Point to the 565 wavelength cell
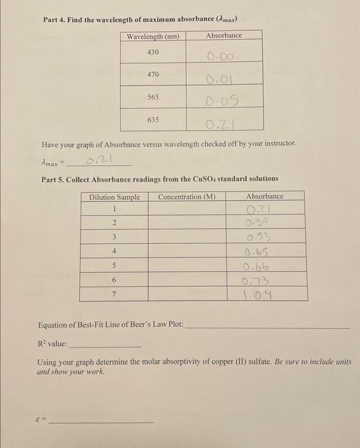(x=153, y=97)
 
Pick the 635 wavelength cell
(x=153, y=120)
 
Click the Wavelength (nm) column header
(x=153, y=36)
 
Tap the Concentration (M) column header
(x=186, y=196)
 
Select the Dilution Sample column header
(x=114, y=196)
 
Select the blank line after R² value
(x=104, y=346)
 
